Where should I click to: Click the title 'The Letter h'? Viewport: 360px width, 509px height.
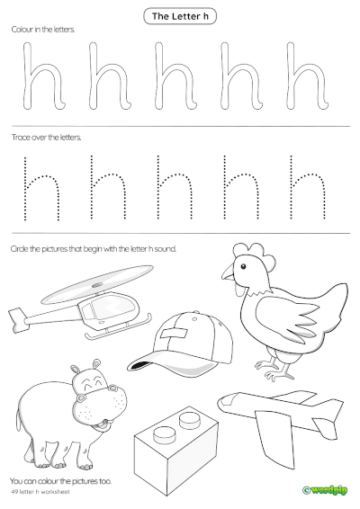coord(180,16)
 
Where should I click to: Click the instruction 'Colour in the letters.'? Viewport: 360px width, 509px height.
coord(43,30)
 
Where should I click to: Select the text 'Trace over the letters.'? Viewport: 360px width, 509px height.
coord(46,138)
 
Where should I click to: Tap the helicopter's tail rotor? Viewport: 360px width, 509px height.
coord(15,314)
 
